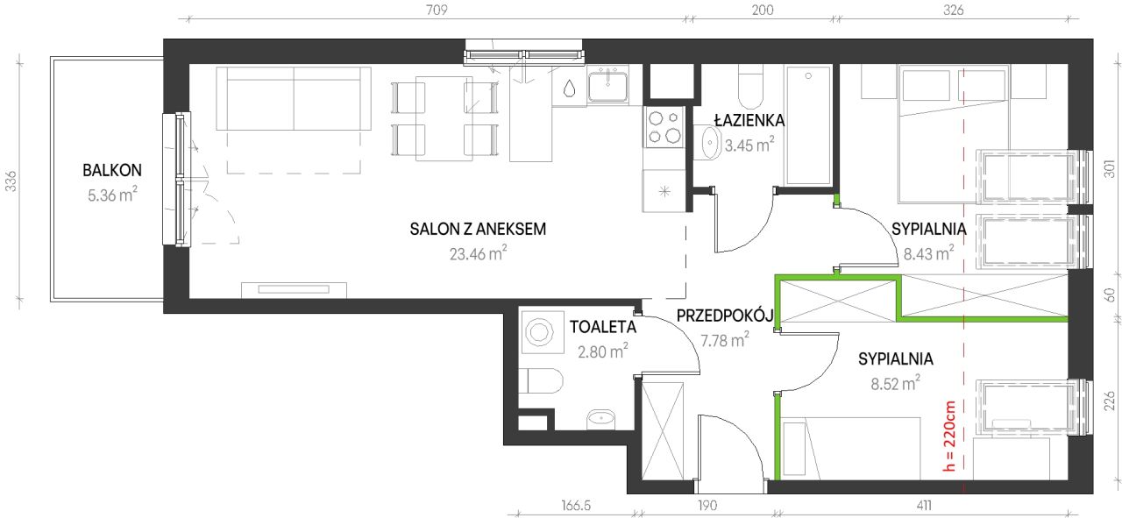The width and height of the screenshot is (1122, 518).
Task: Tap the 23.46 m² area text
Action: pyautogui.click(x=478, y=254)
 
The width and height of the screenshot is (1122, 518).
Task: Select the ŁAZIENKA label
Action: pyautogui.click(x=748, y=120)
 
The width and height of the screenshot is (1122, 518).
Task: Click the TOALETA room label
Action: pyautogui.click(x=602, y=328)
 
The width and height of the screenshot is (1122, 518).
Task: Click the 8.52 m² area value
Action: pyautogui.click(x=894, y=382)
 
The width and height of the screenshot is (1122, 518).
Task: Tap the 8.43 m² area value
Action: pyautogui.click(x=928, y=254)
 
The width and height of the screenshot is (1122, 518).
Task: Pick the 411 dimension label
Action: pyautogui.click(x=924, y=506)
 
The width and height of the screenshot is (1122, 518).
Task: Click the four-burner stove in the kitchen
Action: pyautogui.click(x=664, y=126)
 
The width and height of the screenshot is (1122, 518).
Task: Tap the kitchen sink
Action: pyautogui.click(x=607, y=86)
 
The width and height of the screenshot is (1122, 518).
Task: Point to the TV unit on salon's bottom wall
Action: pyautogui.click(x=295, y=288)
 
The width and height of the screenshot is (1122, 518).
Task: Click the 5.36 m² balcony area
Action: pyautogui.click(x=112, y=195)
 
